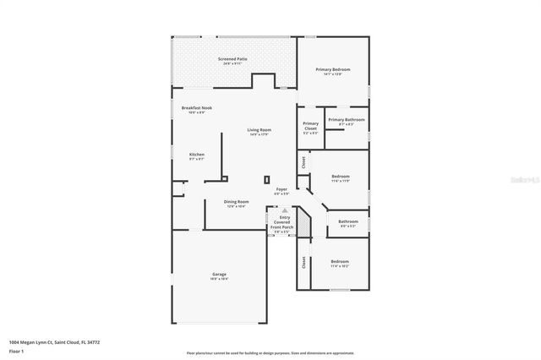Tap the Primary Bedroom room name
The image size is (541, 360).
tap(333, 71)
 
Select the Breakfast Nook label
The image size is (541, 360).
tap(196, 109)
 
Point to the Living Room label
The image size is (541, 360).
tap(259, 131)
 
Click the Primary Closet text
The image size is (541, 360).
tap(310, 128)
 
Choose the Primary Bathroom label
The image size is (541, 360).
tap(347, 121)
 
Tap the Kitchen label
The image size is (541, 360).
tap(197, 155)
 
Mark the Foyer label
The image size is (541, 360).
tap(281, 190)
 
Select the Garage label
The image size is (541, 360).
tap(219, 275)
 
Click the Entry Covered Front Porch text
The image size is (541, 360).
tap(281, 223)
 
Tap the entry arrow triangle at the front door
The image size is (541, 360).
tap(285, 210)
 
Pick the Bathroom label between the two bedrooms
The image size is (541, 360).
tap(348, 224)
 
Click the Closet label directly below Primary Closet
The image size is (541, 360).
tap(303, 161)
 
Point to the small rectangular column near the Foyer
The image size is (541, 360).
tap(267, 179)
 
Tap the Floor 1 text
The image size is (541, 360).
tap(16, 350)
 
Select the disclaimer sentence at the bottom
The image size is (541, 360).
tap(270, 353)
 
